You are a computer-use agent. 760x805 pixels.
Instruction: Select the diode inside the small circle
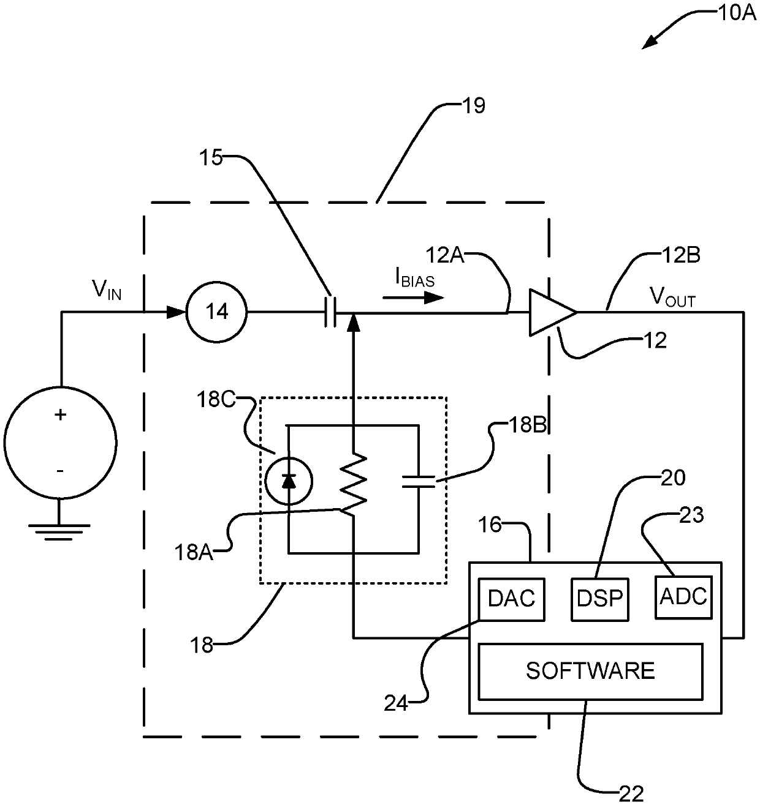(289, 481)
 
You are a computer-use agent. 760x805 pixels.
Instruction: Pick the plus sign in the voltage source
(61, 414)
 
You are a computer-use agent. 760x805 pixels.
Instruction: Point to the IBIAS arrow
(413, 298)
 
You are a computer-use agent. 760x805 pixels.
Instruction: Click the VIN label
(107, 290)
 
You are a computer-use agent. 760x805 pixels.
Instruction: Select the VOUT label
(673, 297)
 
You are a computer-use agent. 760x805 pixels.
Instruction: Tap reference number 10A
(737, 13)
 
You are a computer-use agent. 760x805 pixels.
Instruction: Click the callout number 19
(473, 106)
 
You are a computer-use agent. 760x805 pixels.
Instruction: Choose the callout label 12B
(681, 255)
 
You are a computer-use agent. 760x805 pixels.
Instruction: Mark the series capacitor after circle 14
(330, 312)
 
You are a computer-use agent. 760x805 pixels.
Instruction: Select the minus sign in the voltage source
(59, 471)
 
